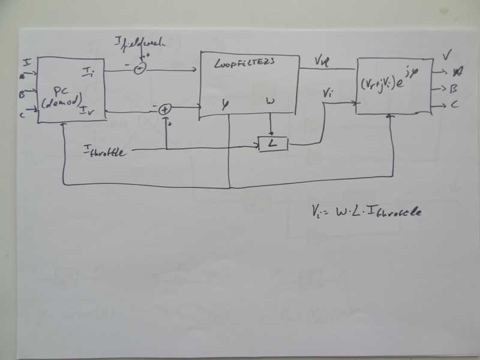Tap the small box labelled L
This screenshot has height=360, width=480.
click(273, 144)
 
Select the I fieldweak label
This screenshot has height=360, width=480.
click(142, 43)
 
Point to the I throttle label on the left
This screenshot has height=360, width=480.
click(105, 152)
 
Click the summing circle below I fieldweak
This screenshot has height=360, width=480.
click(139, 68)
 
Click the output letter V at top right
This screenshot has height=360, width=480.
click(447, 56)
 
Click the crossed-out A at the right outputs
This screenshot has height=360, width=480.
click(458, 71)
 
